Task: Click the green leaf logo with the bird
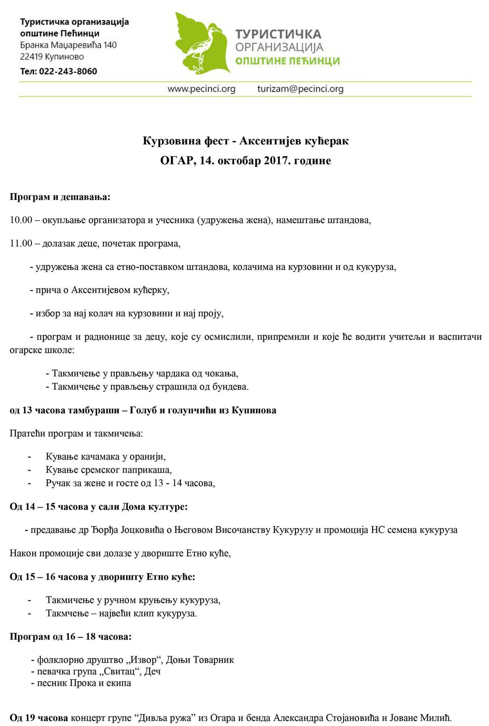point(201,44)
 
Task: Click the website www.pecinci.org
point(201,89)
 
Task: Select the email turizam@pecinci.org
point(300,89)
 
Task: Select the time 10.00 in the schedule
point(21,220)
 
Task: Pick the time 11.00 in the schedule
point(21,243)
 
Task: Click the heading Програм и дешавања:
point(60,197)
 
